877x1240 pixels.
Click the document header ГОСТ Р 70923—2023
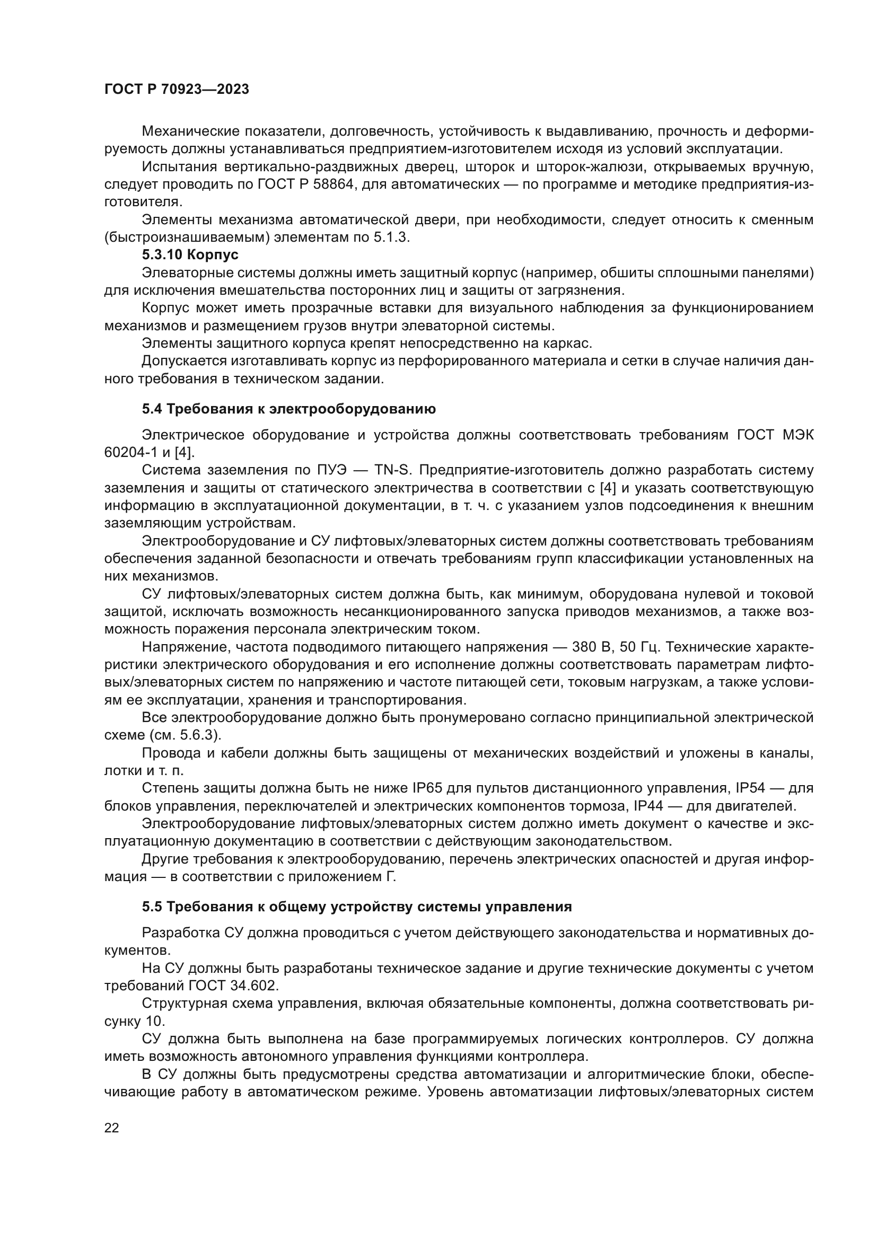coord(177,90)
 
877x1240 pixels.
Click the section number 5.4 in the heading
coord(152,409)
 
